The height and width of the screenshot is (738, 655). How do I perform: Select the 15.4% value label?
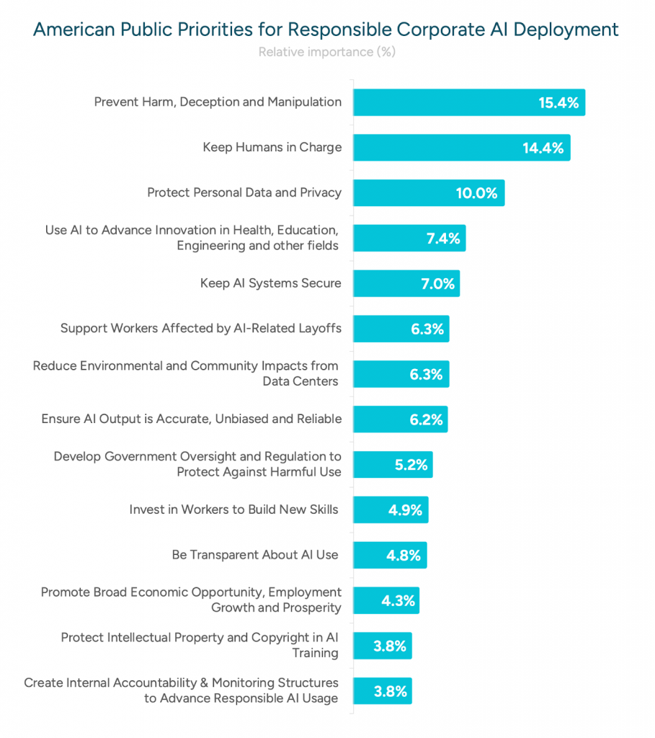coord(558,102)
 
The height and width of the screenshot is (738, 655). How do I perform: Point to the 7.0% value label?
coord(437,284)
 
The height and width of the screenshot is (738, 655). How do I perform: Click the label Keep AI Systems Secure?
coord(270,283)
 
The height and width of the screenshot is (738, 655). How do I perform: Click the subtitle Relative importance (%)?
coord(326,52)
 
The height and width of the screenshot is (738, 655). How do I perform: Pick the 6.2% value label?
coord(426,419)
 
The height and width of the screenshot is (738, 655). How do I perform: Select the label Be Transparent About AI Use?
coord(255,555)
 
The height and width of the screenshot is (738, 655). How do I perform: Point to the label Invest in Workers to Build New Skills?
coord(233,510)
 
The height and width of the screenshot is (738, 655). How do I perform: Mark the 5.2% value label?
coord(411,465)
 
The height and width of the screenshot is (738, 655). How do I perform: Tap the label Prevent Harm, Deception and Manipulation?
coord(218,102)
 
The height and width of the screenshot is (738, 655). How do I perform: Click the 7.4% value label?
coord(443,239)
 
